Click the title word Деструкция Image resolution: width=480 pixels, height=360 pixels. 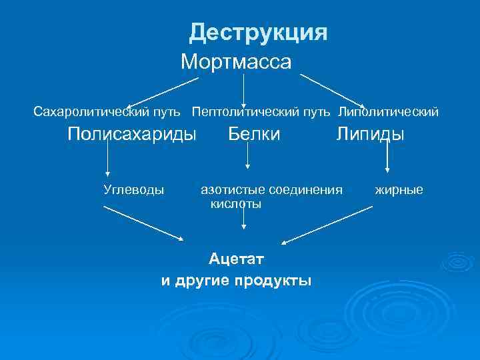coord(258,32)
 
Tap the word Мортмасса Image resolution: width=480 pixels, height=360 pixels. coord(236,63)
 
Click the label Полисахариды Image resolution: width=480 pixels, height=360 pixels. coord(133,134)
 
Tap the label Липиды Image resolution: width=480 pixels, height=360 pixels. coord(370,134)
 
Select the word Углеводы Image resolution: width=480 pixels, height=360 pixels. coord(133,190)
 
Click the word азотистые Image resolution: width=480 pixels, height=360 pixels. coord(230,190)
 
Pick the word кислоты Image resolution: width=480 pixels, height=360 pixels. coord(236,204)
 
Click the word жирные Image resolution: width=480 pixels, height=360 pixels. coord(399,190)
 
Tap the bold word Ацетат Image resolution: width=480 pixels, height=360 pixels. coord(236,257)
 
